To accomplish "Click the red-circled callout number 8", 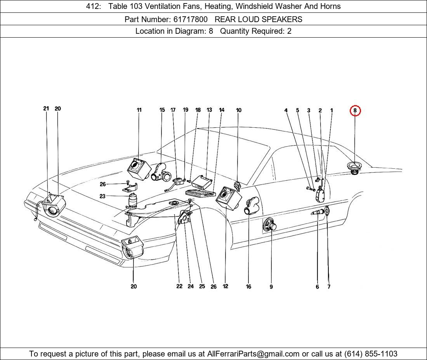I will coord(355,111).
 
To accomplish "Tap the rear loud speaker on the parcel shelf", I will coord(354,168).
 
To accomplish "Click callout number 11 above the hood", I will coord(139,110).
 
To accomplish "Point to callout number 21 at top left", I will coord(46,109).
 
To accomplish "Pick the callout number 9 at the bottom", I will coord(271,287).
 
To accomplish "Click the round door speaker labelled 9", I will coord(269,225).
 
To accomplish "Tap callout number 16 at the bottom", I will coord(248,287).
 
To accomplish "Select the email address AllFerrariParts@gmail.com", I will coord(253,354).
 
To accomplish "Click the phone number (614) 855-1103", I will coord(371,354).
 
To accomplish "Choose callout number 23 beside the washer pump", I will coord(102,196).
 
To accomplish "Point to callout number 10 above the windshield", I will coord(239,110).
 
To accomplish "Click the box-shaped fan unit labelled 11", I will coord(139,170).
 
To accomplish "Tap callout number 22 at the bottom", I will coord(179,286).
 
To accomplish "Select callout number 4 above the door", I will coord(286,111).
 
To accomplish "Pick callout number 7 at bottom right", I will coord(329,287).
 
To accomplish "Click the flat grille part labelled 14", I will coord(200,193).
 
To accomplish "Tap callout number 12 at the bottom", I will coord(226,286).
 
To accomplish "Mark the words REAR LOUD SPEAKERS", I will coord(259,19).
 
